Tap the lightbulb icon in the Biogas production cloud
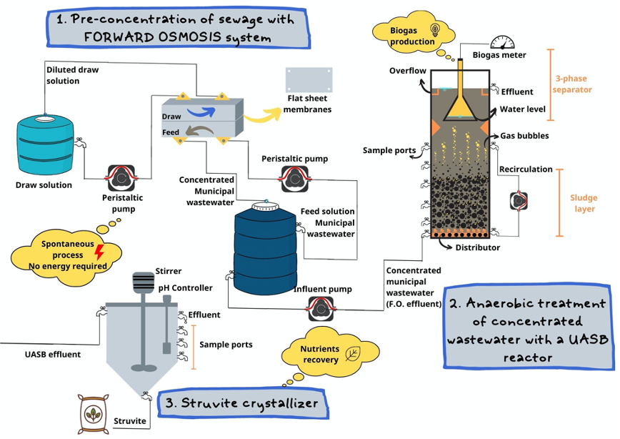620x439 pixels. (434, 29)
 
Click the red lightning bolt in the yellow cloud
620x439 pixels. (99, 252)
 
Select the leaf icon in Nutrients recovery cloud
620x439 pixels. (353, 353)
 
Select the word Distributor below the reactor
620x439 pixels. (478, 247)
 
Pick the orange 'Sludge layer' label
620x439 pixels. (584, 203)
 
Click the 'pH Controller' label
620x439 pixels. (186, 287)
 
